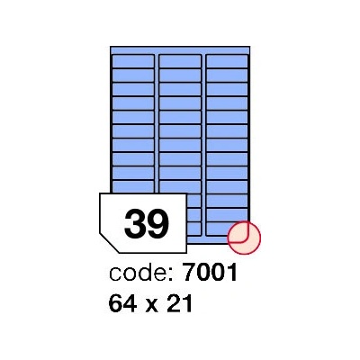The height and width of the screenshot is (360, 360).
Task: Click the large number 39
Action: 147,223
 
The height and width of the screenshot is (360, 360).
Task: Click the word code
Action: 139,274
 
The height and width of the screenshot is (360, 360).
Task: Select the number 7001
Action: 210,273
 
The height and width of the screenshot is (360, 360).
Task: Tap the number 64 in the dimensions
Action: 123,303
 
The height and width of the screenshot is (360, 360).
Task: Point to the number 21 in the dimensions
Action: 179,303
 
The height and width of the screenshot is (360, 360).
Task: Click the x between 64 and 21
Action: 152,306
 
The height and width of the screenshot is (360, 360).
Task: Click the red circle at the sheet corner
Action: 244,238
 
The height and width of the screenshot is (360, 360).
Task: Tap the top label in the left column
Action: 133,61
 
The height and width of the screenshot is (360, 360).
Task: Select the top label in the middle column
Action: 180,61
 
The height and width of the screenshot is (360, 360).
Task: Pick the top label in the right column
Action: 227,61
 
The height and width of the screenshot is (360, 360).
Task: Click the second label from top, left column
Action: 133,75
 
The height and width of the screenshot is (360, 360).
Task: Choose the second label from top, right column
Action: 227,75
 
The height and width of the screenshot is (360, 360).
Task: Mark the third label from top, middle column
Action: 180,89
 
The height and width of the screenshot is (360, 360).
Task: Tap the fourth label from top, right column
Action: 227,103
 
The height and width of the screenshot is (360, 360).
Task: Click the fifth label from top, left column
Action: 133,117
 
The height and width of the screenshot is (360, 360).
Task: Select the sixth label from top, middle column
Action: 180,130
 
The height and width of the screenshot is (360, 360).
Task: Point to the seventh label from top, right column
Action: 227,145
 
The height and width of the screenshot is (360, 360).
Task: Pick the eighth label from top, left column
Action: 133,158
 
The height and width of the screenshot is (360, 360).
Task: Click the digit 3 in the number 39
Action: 135,223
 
